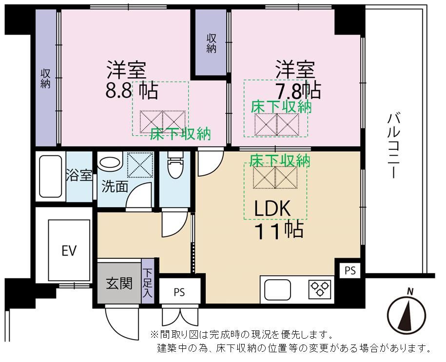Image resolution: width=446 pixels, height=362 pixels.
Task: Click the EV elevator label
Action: coord(69,251)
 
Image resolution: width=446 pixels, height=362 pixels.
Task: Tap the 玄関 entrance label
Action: coord(119,283)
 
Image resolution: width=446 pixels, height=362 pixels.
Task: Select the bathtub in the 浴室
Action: coord(50,176)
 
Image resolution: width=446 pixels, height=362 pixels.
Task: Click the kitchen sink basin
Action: coord(278,290)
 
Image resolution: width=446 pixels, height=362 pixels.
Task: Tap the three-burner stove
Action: coord(320,289)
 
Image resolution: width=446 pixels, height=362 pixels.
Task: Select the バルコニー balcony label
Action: coord(394,145)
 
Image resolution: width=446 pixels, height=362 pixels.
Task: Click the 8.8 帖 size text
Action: coord(132,90)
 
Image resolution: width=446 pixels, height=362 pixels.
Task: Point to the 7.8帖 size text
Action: coord(299,91)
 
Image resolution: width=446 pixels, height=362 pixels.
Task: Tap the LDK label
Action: coord(272,209)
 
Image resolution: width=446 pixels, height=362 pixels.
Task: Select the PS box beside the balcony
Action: coord(350,271)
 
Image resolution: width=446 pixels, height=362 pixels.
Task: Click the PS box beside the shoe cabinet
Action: coord(179,291)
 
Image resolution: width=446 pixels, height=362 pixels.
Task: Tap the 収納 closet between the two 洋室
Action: coord(211,43)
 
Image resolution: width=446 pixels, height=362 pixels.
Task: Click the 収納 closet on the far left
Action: coord(46,78)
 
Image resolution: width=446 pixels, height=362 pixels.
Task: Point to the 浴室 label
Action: coord(79,175)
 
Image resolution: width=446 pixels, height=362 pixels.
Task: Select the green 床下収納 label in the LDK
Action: coord(280,161)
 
